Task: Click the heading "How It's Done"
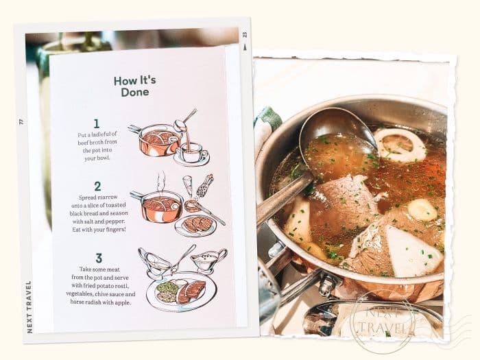pos(134,86)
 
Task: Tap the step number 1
pos(97,123)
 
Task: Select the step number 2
pos(97,187)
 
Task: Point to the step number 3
pos(99,258)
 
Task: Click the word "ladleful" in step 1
pos(100,134)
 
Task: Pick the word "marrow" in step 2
pos(108,197)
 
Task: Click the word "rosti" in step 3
pos(123,286)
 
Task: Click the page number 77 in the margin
pos(21,121)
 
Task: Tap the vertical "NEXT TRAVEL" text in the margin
pos(29,307)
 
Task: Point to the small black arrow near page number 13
pos(244,47)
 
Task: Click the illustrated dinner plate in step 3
pos(182,291)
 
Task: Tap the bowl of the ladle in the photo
pos(337,138)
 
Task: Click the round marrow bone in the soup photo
pos(400,144)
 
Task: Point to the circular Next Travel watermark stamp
pos(383,321)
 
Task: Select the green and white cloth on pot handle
pos(266,128)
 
